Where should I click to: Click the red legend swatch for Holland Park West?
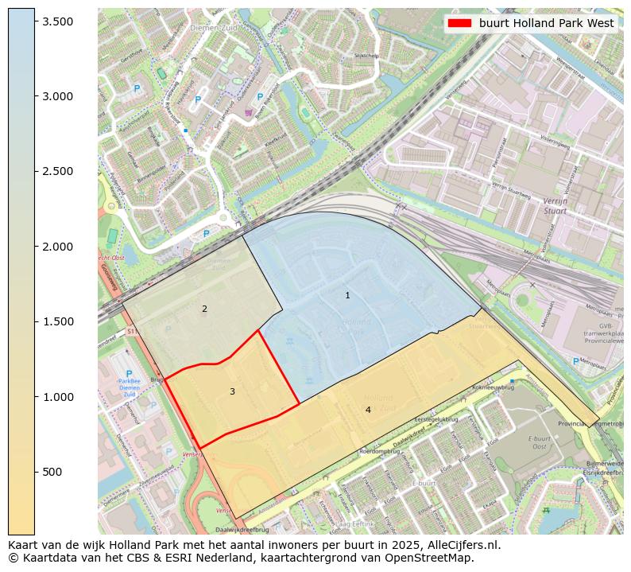pyautogui.click(x=460, y=23)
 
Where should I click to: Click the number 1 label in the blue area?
pyautogui.click(x=347, y=295)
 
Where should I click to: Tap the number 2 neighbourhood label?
pyautogui.click(x=204, y=309)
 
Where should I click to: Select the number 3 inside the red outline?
pyautogui.click(x=232, y=391)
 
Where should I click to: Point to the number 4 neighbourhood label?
pyautogui.click(x=368, y=410)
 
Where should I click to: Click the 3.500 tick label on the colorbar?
pyautogui.click(x=58, y=21)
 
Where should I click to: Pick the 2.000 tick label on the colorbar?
pyautogui.click(x=58, y=247)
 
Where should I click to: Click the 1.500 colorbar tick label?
pyautogui.click(x=58, y=321)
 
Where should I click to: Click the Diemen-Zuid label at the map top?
pyautogui.click(x=208, y=28)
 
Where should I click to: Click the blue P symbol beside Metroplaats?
pyautogui.click(x=575, y=361)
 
